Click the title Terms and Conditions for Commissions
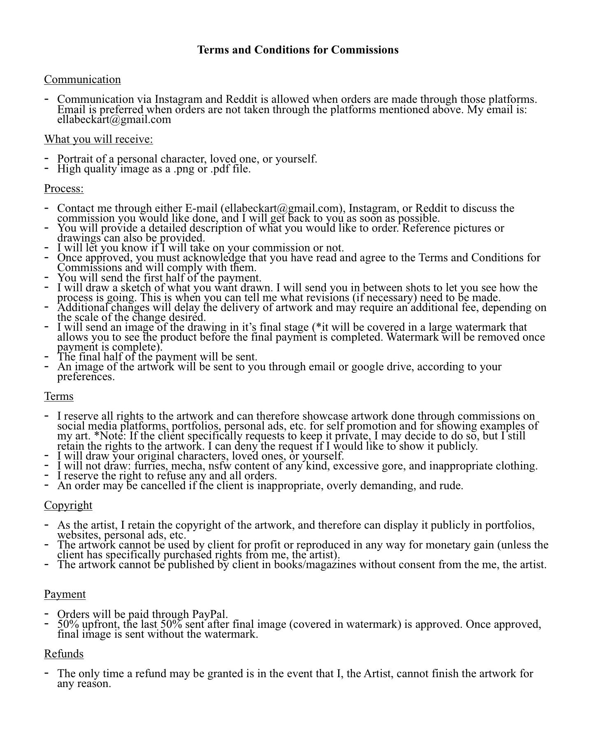(297, 50)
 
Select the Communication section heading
(82, 79)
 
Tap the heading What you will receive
(98, 139)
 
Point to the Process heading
(64, 188)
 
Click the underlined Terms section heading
(59, 396)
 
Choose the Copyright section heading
(68, 505)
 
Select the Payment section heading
(65, 594)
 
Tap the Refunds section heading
(64, 654)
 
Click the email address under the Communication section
(114, 120)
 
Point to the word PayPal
(210, 614)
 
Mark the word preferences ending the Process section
(86, 377)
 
